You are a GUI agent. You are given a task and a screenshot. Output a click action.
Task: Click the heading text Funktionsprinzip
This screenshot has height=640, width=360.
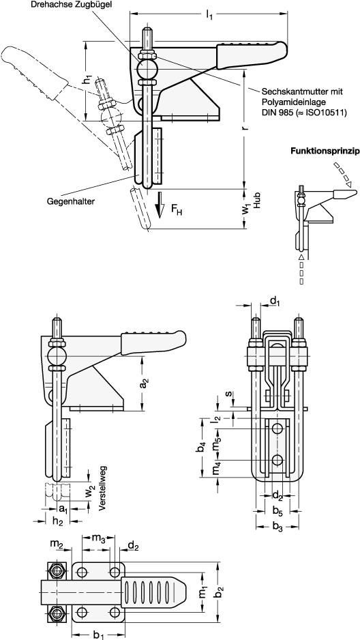tap(324, 151)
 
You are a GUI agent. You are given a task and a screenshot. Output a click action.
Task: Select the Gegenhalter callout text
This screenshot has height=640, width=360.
tap(71, 202)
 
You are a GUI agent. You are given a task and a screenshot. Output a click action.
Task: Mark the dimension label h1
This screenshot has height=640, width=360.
tap(87, 79)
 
